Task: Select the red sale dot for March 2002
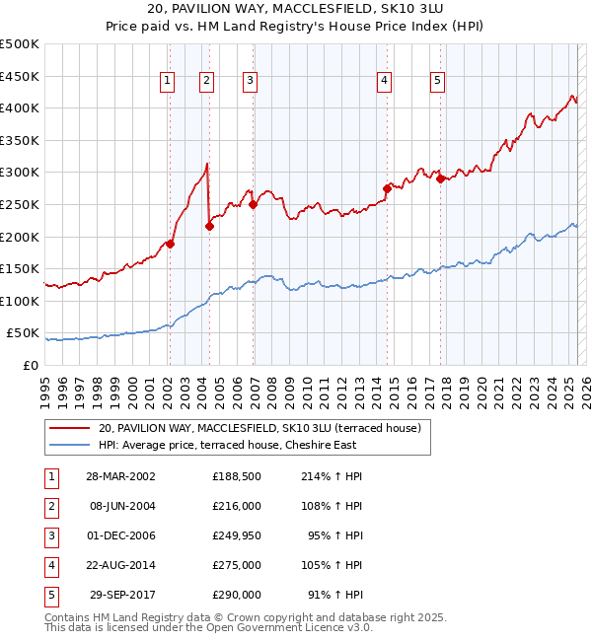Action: pos(170,244)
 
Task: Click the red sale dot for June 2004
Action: pos(209,226)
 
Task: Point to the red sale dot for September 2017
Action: pos(441,178)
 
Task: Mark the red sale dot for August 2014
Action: pos(387,187)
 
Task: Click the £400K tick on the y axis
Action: pos(21,107)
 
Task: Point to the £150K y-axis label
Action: pos(21,268)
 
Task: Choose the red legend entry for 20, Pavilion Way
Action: pos(259,428)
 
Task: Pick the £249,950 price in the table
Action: pos(236,537)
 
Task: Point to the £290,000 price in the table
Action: pos(236,595)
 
